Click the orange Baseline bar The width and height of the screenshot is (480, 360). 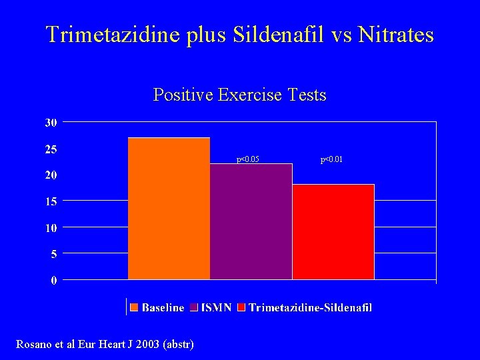point(169,208)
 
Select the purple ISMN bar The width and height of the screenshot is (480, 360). point(251,221)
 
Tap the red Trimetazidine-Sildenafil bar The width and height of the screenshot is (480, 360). point(333,231)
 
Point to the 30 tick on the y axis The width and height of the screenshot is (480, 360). point(51,123)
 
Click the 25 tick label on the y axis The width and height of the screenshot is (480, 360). point(51,149)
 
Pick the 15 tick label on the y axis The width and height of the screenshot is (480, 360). point(51,201)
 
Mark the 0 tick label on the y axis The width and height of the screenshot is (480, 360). point(54,280)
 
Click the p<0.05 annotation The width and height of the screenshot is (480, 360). point(248,159)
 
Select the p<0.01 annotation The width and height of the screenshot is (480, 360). point(331,159)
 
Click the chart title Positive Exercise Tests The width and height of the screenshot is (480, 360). point(239,95)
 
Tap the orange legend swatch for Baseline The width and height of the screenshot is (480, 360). point(135,307)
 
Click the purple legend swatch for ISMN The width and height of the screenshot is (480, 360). point(194,307)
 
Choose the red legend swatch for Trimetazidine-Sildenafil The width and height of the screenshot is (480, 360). point(242,307)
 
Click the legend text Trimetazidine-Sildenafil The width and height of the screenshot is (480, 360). point(310,307)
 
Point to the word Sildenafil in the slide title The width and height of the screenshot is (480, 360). point(297,35)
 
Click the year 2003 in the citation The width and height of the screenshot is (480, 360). point(148,344)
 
